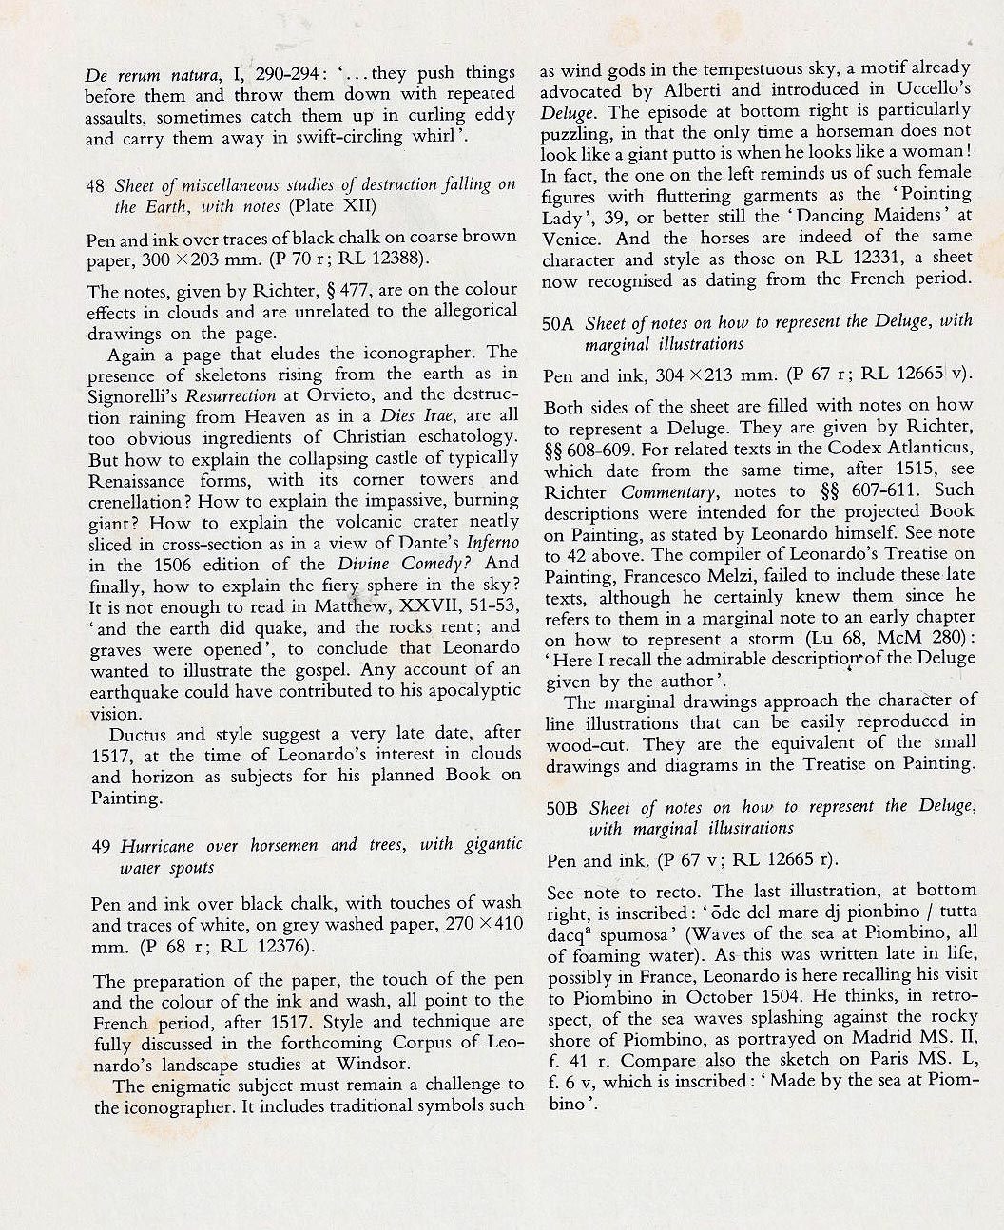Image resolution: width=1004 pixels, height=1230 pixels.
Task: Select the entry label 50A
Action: tap(559, 323)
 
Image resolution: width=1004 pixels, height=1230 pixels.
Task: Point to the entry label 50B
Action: tap(562, 809)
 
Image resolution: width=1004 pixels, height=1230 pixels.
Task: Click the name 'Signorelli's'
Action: tap(132, 394)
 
